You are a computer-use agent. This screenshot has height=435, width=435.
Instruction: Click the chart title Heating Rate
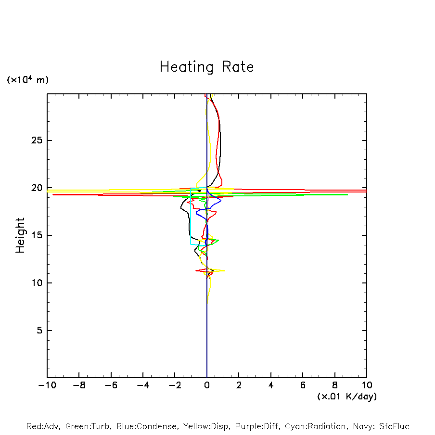206,67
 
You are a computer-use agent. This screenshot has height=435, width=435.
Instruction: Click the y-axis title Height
20,235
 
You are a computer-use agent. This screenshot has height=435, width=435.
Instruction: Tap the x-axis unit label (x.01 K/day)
346,397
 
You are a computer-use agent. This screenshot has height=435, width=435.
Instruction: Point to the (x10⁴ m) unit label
27,80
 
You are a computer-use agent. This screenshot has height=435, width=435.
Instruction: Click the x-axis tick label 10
366,385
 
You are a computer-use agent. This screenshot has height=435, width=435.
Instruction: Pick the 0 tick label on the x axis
207,385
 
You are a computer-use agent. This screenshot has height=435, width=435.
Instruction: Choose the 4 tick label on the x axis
271,385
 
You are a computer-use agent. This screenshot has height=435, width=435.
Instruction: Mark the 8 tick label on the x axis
335,385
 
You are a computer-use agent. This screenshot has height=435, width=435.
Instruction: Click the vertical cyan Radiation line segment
191,217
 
